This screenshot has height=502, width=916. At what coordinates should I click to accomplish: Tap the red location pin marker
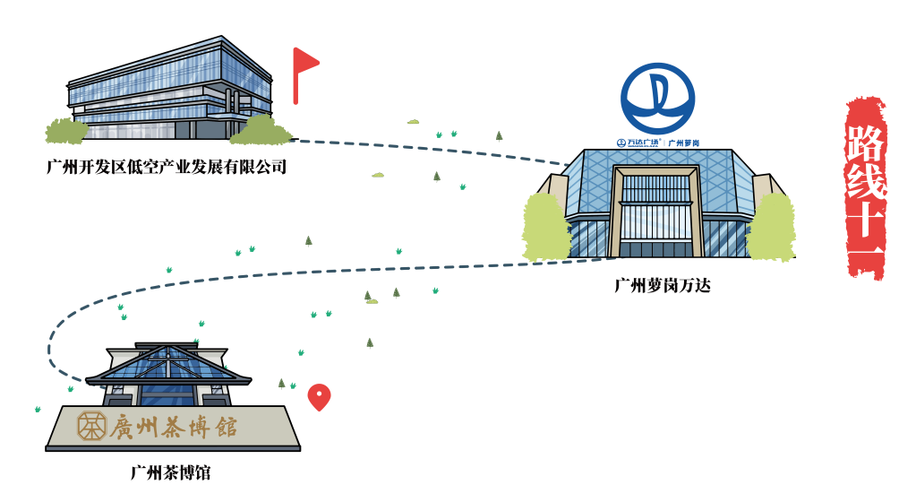pyautogui.click(x=319, y=395)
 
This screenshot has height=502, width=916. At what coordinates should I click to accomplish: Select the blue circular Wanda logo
pyautogui.click(x=658, y=98)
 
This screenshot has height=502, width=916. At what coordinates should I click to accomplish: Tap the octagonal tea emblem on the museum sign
pyautogui.click(x=91, y=426)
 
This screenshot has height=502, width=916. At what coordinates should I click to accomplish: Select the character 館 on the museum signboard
pyautogui.click(x=226, y=427)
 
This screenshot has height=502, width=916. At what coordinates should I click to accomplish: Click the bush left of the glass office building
pyautogui.click(x=66, y=131)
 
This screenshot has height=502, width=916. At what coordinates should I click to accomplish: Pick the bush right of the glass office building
pyautogui.click(x=261, y=131)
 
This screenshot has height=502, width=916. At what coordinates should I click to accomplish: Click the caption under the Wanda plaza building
pyautogui.click(x=663, y=286)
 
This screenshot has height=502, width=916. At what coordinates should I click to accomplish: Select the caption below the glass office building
pyautogui.click(x=167, y=167)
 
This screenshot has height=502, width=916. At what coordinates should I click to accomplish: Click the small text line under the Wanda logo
pyautogui.click(x=658, y=143)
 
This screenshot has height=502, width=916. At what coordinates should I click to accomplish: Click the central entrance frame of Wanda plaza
pyautogui.click(x=656, y=211)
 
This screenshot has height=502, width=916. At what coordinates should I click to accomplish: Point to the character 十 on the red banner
pyautogui.click(x=865, y=220)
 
